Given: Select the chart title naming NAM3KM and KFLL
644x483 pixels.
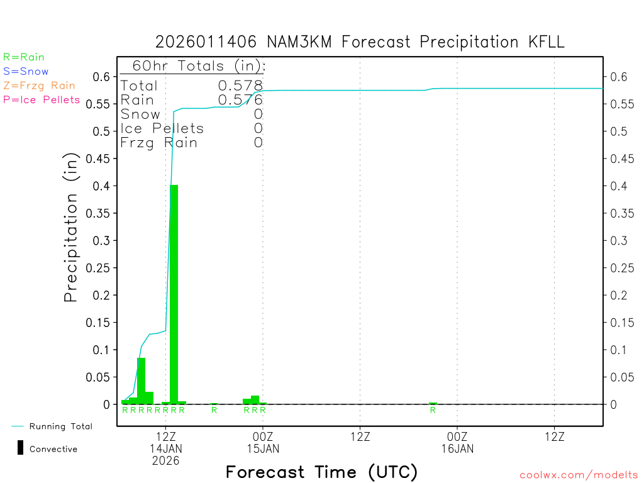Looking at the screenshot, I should pyautogui.click(x=360, y=42).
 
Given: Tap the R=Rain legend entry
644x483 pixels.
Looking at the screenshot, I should pyautogui.click(x=24, y=57).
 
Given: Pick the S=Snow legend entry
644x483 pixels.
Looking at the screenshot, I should pyautogui.click(x=26, y=72).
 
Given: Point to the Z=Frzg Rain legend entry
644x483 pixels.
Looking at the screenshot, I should pyautogui.click(x=39, y=86).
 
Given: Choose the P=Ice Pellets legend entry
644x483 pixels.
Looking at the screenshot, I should pyautogui.click(x=42, y=99).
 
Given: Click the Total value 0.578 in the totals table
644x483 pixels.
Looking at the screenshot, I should pyautogui.click(x=240, y=86).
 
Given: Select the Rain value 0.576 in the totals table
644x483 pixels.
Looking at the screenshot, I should pyautogui.click(x=240, y=100).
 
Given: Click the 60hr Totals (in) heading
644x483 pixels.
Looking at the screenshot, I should pyautogui.click(x=195, y=66).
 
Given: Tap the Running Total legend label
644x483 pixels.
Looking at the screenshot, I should pyautogui.click(x=60, y=426).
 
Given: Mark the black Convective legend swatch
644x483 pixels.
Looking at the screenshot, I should pyautogui.click(x=21, y=448).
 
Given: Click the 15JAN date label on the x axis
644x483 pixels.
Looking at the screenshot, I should pyautogui.click(x=263, y=448).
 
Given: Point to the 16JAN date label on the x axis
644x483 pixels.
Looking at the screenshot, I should pyautogui.click(x=457, y=448).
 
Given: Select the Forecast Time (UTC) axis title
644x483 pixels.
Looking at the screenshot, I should pyautogui.click(x=321, y=472).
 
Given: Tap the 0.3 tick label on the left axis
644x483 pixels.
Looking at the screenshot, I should pyautogui.click(x=103, y=240).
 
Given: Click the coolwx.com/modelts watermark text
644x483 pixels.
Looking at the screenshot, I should pyautogui.click(x=579, y=475).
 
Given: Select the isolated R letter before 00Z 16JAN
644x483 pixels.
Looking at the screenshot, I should pyautogui.click(x=433, y=410).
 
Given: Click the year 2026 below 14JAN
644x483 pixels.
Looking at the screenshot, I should pyautogui.click(x=165, y=460).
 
